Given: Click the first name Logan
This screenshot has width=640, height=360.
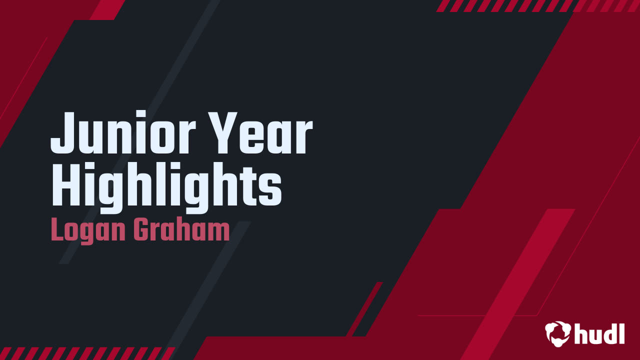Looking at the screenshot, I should pos(88,231).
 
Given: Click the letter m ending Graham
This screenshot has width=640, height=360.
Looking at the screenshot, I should pos(218,233).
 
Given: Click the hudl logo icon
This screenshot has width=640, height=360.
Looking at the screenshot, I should pos(557,333).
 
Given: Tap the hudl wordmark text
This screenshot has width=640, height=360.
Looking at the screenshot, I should pos(599,333).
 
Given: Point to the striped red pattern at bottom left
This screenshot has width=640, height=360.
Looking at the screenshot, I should pos(85,353).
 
